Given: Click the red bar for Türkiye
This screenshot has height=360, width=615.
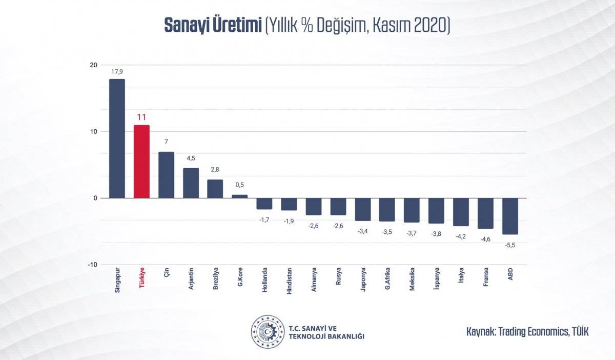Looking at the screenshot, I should [x=141, y=162].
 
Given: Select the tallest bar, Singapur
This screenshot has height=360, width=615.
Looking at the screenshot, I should [x=117, y=138].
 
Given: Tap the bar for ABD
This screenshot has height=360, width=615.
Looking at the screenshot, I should [x=510, y=216].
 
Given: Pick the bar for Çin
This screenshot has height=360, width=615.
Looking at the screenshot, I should [x=166, y=175].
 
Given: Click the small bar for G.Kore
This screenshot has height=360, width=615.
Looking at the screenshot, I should [x=239, y=196].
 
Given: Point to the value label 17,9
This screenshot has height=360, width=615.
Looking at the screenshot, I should [x=117, y=72].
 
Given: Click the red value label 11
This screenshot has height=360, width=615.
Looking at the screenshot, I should [x=141, y=117].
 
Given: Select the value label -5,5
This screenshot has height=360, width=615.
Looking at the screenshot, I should [x=510, y=246].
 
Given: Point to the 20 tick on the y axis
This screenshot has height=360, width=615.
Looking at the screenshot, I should [x=93, y=65].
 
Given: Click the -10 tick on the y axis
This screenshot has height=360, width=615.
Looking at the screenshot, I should [x=92, y=265].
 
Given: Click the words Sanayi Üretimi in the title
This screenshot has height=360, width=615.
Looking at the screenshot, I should [x=213, y=25].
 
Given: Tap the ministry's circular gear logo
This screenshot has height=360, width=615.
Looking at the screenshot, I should [x=267, y=332].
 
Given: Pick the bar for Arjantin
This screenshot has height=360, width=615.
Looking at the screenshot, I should [x=191, y=183].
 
